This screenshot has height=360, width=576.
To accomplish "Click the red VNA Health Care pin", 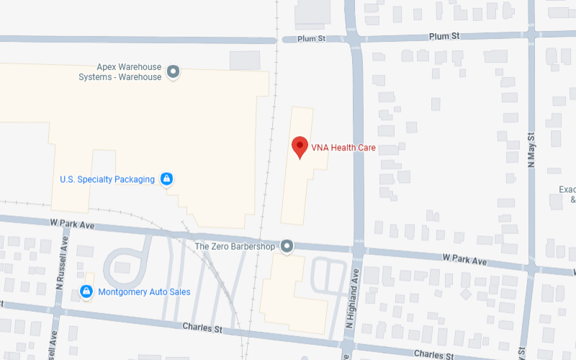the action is pos(300,147).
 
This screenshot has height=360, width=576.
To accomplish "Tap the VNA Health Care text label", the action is pos(343,148).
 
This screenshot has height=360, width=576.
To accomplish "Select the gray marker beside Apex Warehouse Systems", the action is pos(173,72).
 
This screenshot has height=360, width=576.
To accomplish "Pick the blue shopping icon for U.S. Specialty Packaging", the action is pos(166,179).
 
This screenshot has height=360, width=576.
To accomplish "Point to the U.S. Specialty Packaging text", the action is pos(107,179).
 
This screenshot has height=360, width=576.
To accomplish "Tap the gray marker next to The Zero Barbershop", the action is pos(287,246).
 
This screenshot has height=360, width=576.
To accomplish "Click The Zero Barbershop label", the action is pos(235,246).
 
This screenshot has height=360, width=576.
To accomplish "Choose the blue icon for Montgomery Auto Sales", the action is pos(86,292).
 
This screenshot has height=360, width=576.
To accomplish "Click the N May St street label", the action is pos(532,150).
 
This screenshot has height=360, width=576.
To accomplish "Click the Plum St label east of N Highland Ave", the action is pos(444,36).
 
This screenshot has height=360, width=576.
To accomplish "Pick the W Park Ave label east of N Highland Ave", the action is pos(465,257).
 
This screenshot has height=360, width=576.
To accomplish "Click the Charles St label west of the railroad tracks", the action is pos(202,327).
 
